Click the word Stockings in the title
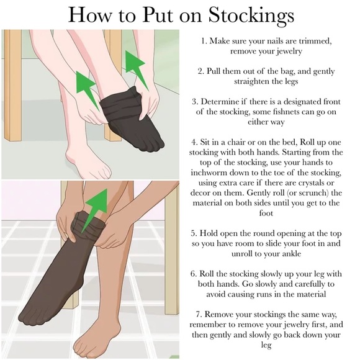click(251, 15)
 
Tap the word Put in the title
click(158, 14)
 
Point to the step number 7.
click(199, 315)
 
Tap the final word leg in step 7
click(266, 345)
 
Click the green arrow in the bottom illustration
click(95, 210)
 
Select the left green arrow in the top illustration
click(86, 90)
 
